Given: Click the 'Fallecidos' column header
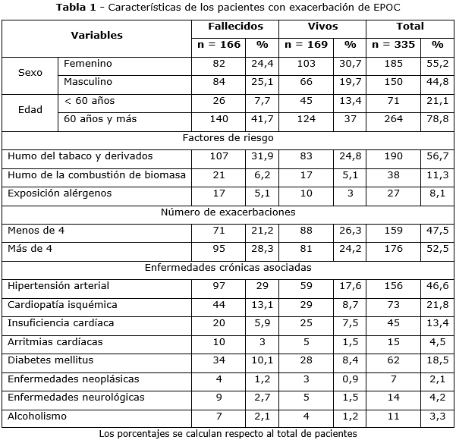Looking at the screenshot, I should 234,27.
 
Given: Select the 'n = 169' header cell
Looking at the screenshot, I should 307,45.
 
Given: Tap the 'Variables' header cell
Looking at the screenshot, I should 96,36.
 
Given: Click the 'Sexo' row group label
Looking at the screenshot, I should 30,73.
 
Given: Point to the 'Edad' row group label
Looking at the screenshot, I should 30,109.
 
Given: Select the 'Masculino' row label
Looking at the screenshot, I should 88,81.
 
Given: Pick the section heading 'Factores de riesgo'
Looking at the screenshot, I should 228,138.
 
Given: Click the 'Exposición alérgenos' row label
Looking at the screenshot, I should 60,193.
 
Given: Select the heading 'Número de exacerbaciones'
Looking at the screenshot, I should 228,212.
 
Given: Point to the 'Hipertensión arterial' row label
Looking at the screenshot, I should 58,286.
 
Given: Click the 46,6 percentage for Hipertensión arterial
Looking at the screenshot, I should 437,286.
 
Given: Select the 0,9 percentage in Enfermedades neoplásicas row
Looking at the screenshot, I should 350,379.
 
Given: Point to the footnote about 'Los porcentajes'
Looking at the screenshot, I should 228,433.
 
